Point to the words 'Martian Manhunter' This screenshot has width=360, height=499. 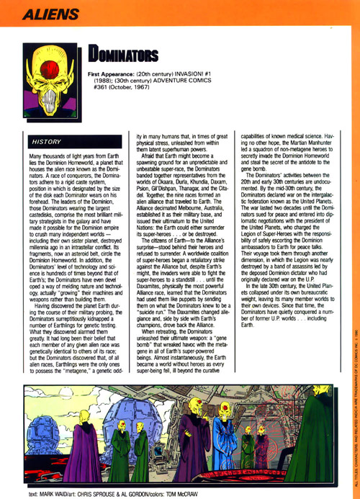[x=302, y=146]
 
